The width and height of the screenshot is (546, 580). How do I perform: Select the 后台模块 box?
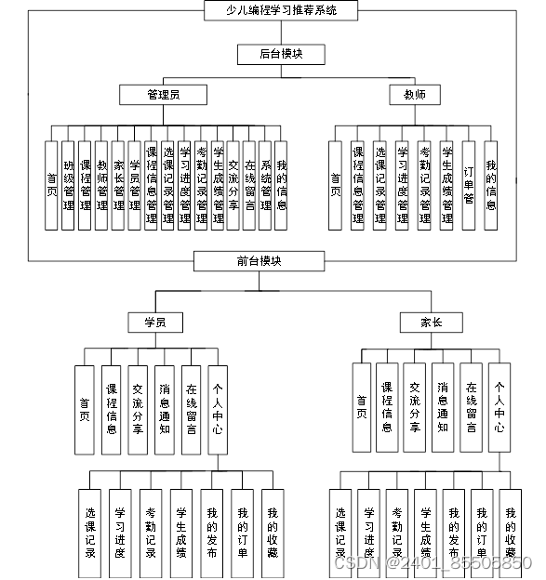[x=267, y=54]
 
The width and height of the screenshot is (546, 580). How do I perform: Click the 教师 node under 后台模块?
[x=414, y=94]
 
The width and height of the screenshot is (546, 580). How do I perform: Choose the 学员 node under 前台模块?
[x=154, y=322]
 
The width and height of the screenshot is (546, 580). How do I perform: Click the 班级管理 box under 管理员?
[x=69, y=185]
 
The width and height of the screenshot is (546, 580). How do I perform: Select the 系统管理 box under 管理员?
[x=265, y=185]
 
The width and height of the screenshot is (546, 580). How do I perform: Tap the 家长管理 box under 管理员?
[x=118, y=185]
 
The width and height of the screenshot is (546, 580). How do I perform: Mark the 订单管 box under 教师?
[x=469, y=185]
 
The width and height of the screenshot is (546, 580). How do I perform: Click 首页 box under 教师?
[x=336, y=185]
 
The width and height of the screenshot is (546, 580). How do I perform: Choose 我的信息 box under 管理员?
[x=281, y=185]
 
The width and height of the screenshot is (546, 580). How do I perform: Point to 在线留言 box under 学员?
[x=191, y=410]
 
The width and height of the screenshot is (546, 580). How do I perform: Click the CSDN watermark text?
[x=432, y=562]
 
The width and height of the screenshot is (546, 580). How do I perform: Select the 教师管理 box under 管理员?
[x=101, y=185]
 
